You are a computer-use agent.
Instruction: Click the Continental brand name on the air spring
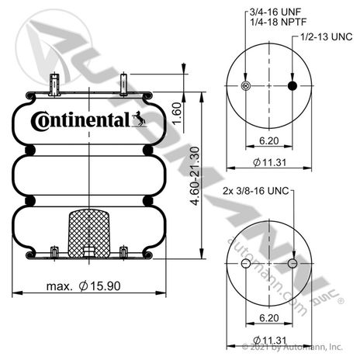pyautogui.click(x=80, y=120)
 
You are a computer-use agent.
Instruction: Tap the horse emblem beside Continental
pyautogui.click(x=139, y=119)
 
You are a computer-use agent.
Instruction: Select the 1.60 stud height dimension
pyautogui.click(x=177, y=113)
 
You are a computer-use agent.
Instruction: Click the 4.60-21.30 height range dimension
pyautogui.click(x=196, y=176)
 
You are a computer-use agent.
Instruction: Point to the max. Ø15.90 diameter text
pyautogui.click(x=83, y=286)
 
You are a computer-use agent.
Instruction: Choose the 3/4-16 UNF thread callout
pyautogui.click(x=275, y=12)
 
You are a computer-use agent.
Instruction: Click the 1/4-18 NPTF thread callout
pyautogui.click(x=278, y=22)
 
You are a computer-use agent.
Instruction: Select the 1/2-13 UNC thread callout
pyautogui.click(x=327, y=36)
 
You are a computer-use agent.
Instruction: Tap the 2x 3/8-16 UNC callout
pyautogui.click(x=256, y=191)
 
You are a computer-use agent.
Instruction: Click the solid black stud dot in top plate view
pyautogui.click(x=292, y=85)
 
